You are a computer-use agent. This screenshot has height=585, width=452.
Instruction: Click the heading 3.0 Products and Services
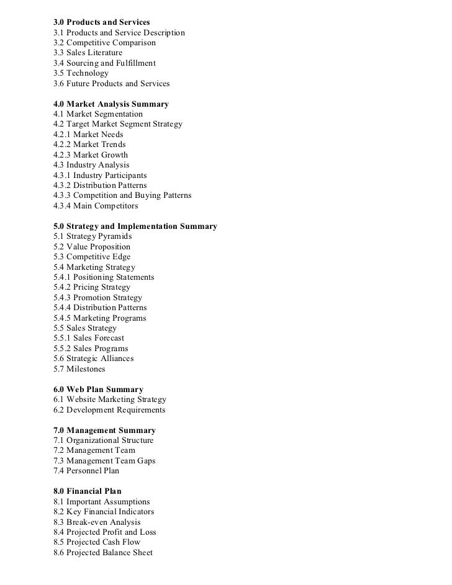pyautogui.click(x=102, y=22)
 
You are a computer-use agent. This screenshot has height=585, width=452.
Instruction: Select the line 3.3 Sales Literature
pyautogui.click(x=88, y=53)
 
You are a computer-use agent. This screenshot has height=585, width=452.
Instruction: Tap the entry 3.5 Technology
pyautogui.click(x=81, y=73)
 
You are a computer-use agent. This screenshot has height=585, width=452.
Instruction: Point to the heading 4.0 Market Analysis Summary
pyautogui.click(x=111, y=104)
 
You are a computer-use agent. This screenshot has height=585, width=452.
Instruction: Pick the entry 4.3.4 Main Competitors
pyautogui.click(x=96, y=205)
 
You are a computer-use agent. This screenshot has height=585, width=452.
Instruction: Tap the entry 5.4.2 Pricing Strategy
pyautogui.click(x=92, y=287)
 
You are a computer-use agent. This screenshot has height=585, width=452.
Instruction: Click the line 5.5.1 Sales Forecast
pyautogui.click(x=89, y=338)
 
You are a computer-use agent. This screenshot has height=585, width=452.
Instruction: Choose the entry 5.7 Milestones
pyautogui.click(x=79, y=368)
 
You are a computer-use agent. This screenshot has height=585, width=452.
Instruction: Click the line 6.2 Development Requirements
pyautogui.click(x=109, y=409)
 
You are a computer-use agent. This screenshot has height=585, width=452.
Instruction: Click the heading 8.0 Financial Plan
pyautogui.click(x=88, y=491)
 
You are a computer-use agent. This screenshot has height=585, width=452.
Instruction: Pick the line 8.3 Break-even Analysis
pyautogui.click(x=97, y=522)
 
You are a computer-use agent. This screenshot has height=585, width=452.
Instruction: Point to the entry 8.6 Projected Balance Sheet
pyautogui.click(x=103, y=552)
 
